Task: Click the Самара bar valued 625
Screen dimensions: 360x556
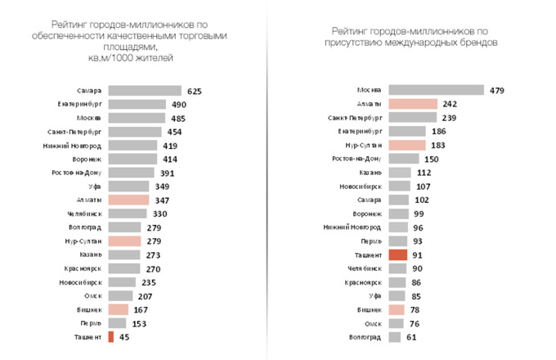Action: (x=144, y=91)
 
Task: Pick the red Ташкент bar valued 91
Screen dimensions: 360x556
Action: (x=397, y=254)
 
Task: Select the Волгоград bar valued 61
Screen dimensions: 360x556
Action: (x=396, y=337)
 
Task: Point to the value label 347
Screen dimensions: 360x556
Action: (x=162, y=200)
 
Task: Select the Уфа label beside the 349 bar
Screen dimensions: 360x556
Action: (x=94, y=187)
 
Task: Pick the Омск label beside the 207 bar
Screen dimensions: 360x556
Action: (x=92, y=295)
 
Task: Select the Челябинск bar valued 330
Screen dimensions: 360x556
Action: (x=127, y=214)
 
